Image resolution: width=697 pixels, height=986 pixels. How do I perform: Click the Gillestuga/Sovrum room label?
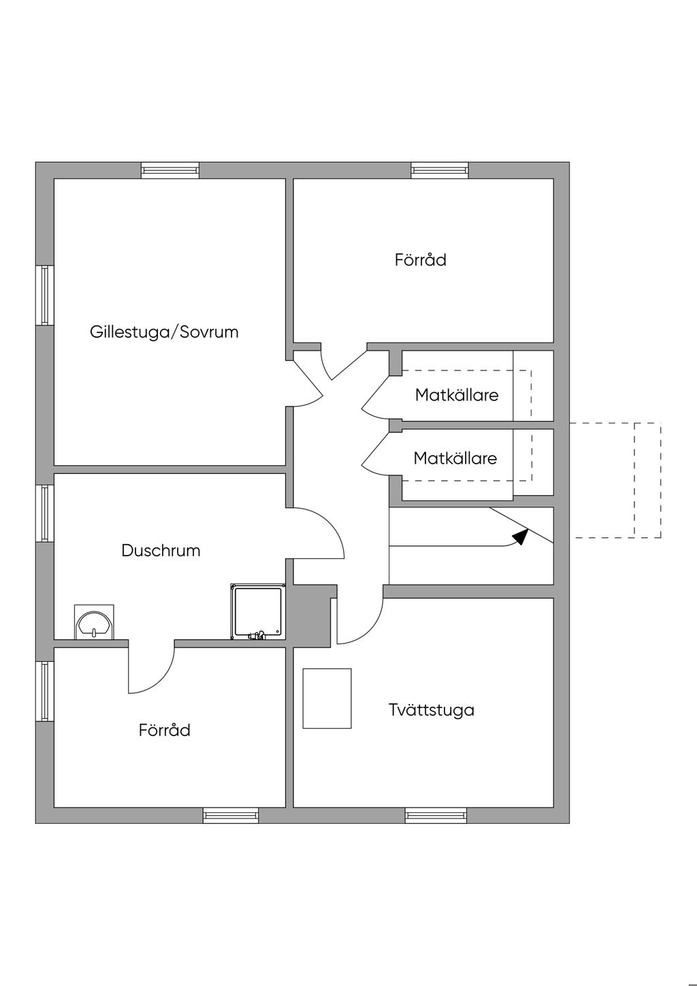[x=164, y=332]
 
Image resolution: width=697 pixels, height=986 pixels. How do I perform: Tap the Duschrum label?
[x=161, y=551]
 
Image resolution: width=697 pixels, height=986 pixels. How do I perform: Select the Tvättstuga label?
[x=432, y=710]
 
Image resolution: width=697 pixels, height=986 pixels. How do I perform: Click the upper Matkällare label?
[x=457, y=395]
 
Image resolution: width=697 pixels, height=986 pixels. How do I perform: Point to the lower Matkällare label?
[x=455, y=458]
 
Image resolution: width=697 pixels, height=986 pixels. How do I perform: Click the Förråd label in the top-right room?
[x=420, y=259]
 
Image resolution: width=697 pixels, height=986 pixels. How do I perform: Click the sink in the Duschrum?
[x=94, y=622]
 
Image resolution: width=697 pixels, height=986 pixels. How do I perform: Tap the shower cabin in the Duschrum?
[x=258, y=611]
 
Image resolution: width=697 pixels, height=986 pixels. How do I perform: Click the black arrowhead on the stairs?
[x=521, y=536]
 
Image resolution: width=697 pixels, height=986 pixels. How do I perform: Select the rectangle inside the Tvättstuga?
[x=327, y=698]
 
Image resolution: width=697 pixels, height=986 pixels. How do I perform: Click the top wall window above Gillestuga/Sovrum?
[x=170, y=170]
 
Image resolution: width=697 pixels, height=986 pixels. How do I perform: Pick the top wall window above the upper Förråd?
[x=440, y=170]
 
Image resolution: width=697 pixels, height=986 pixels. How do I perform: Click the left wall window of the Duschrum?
[x=44, y=513]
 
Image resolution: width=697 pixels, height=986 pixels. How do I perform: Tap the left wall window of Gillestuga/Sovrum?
[x=44, y=295]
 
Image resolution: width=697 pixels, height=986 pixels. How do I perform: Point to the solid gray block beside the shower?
[x=312, y=616]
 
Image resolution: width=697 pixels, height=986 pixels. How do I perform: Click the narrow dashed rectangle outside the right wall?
[x=647, y=480]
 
